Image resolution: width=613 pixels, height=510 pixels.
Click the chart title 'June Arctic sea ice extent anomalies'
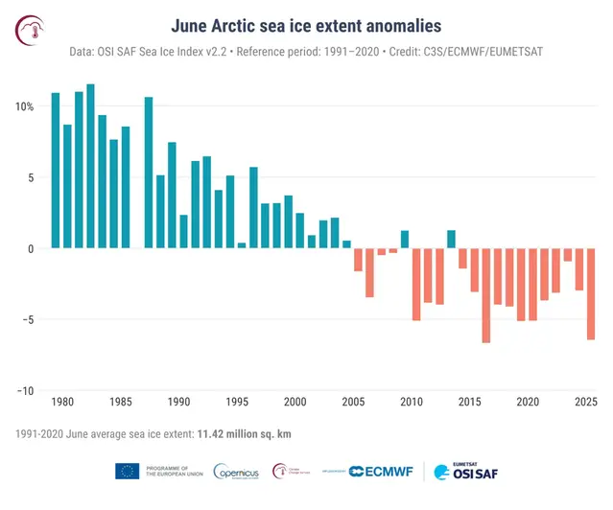[306, 22]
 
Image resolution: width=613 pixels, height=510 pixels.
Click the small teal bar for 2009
[405, 240]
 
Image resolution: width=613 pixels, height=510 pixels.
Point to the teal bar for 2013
[451, 240]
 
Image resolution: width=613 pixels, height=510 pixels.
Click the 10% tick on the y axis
[25, 106]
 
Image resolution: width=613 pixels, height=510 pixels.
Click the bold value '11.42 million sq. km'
[244, 434]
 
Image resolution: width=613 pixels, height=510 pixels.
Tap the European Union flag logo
[127, 471]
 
